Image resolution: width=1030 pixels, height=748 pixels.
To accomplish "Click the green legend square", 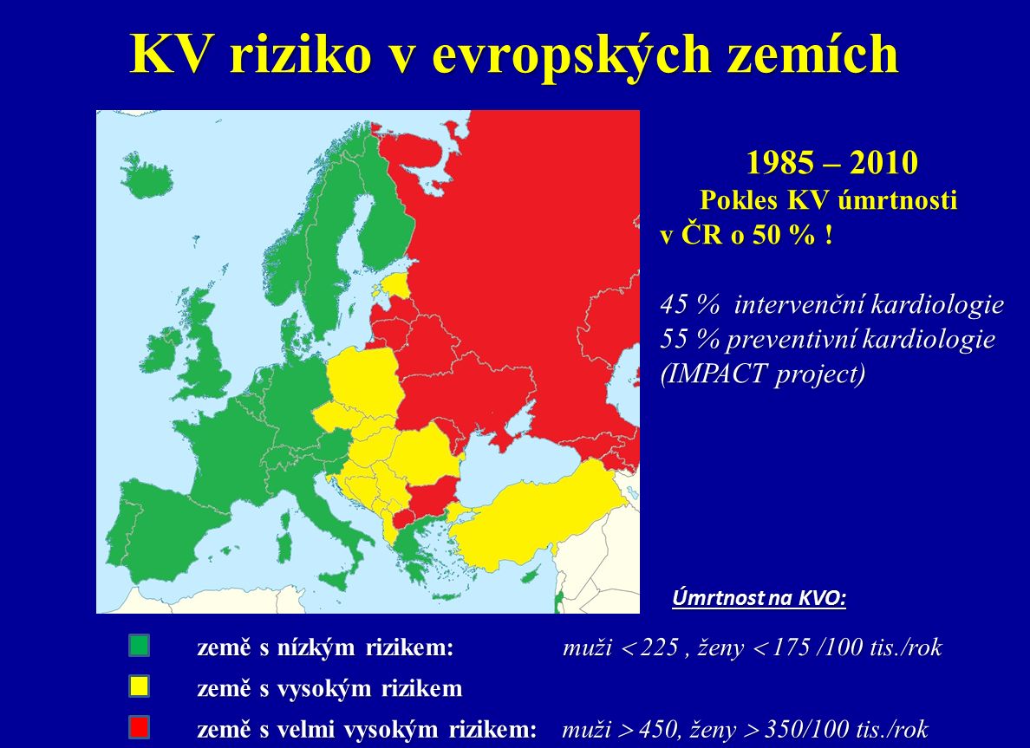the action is [140, 646].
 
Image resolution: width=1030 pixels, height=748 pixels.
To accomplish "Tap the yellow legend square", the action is [140, 686].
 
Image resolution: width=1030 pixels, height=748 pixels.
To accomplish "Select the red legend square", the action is [140, 728].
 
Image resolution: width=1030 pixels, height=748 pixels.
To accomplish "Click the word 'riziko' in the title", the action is [302, 54].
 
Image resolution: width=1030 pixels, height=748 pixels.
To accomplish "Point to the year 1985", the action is [776, 162].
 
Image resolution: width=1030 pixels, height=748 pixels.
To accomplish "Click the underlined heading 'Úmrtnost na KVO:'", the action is [759, 598].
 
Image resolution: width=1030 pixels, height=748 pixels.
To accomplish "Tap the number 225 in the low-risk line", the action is [659, 647].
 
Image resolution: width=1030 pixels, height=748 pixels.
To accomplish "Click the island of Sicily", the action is [335, 580].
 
